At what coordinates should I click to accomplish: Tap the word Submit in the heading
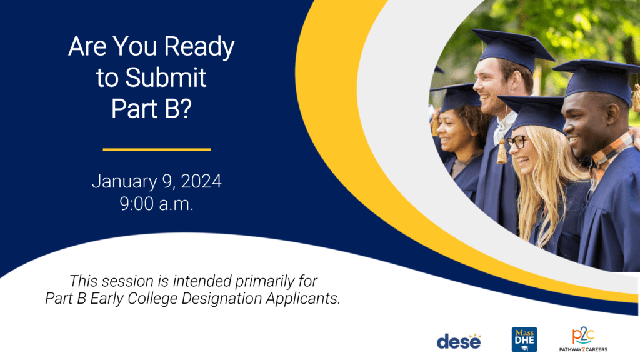click(166, 77)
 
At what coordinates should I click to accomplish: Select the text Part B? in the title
click(151, 108)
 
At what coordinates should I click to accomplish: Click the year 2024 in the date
click(201, 181)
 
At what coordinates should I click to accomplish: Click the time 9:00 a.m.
click(157, 204)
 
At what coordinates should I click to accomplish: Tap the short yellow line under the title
click(157, 150)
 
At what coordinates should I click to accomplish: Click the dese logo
click(459, 341)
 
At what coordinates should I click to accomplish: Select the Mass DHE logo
click(524, 339)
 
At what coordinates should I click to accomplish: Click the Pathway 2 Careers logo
click(583, 339)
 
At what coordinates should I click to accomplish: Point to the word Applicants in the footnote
click(303, 299)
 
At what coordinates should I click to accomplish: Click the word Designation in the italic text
click(222, 299)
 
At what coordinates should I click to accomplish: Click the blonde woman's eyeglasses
click(516, 141)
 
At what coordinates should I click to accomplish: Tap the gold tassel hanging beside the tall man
click(502, 151)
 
